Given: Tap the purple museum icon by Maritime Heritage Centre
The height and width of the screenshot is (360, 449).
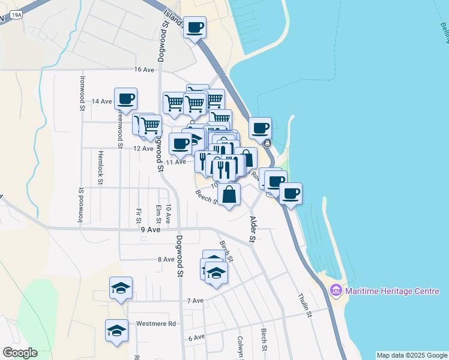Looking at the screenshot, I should (x=336, y=291).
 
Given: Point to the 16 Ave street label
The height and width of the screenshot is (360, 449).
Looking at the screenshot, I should (x=145, y=70).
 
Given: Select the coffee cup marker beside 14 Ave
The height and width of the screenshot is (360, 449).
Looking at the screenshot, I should (x=125, y=98).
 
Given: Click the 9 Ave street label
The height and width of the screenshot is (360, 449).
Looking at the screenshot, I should (x=151, y=229).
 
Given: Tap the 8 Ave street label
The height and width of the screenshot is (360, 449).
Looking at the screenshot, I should (x=166, y=259).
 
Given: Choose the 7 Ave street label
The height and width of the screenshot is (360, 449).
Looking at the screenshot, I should (x=196, y=301).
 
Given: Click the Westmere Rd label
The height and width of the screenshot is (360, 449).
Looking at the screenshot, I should (x=155, y=323).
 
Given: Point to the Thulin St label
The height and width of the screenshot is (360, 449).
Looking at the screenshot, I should (x=305, y=305).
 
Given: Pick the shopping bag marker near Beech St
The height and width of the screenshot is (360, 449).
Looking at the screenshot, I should (x=229, y=194).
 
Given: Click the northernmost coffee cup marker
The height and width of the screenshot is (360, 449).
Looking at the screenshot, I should (x=194, y=27).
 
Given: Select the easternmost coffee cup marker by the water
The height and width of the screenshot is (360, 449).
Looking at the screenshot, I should (x=291, y=193).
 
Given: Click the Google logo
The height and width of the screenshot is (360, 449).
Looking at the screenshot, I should (x=20, y=353).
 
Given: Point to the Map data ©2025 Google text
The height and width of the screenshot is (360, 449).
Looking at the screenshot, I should (x=412, y=355).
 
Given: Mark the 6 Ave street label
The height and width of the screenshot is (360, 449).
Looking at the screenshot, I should (x=196, y=338).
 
